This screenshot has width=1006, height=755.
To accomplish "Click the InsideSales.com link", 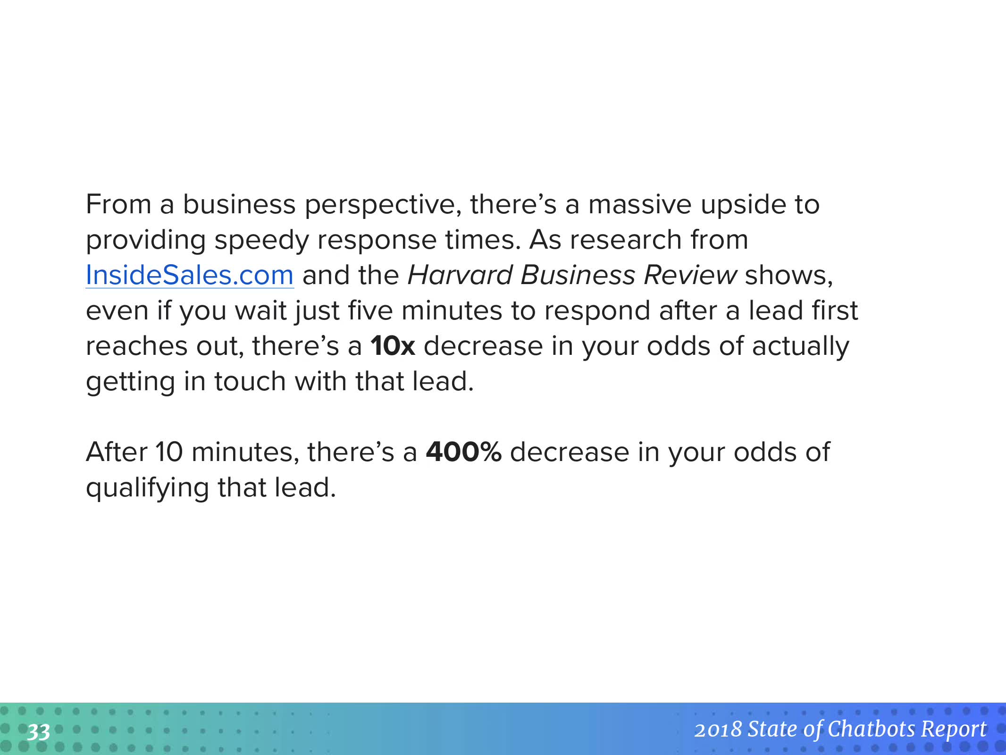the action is click(190, 275).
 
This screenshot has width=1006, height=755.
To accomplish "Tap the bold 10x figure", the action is click(393, 346).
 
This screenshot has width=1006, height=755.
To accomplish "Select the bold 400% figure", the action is click(463, 452).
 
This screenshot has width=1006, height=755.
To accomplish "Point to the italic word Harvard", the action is click(460, 275).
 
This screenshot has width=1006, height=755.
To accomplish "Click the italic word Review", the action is click(690, 275).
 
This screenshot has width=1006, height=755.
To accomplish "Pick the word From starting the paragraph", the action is click(118, 204).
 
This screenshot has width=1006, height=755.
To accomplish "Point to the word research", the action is click(625, 240).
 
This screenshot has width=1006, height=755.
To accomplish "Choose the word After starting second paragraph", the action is click(117, 452).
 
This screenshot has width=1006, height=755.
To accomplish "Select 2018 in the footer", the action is click(718, 730).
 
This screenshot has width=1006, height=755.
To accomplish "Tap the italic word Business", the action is click(578, 275).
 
